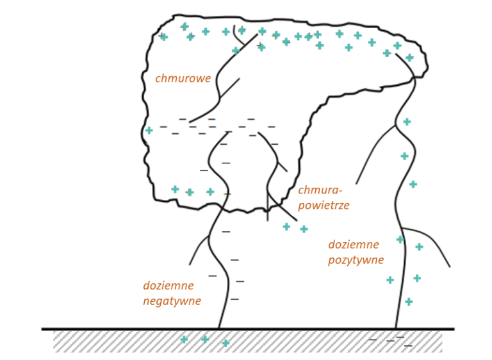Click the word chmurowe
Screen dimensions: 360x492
pos(183,79)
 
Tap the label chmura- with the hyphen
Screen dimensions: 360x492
pos(320,190)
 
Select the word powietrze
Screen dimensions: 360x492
pos(324,205)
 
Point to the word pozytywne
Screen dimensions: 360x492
pos(356,260)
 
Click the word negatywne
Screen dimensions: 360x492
pos(172,301)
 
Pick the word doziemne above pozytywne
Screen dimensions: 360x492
pos(354,245)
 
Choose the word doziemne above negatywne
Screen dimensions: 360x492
pos(168,286)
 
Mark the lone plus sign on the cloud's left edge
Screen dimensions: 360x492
pos(149,130)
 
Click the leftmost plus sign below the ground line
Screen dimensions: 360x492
pos(184,340)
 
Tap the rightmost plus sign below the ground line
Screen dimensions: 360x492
pos(225,343)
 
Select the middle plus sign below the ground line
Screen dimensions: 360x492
pos(205,339)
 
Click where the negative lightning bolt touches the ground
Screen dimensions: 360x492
pos(218,329)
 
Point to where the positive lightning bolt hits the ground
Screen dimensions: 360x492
pos(395,329)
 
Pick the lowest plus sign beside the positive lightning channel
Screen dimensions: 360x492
pos(409,302)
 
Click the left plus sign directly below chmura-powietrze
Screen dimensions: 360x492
pos(286,226)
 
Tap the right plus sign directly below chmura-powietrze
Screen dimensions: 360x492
pos(304,229)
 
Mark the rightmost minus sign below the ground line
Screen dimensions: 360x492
pos(408,346)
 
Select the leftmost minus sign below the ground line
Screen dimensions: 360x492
pos(373,340)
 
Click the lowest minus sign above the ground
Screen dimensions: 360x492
pos(234,299)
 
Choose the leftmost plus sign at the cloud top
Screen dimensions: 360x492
pos(163,37)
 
